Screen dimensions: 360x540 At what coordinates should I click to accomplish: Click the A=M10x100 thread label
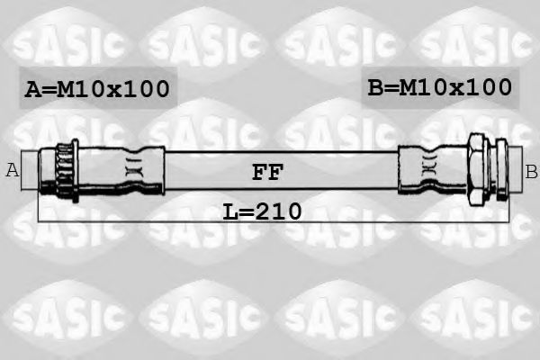point(97,90)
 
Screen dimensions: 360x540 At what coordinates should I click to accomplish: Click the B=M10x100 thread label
point(439,88)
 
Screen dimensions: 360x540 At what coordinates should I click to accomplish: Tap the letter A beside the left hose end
point(13,170)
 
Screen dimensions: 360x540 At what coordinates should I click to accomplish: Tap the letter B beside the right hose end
point(531,170)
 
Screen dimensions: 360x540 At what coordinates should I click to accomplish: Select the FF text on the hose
point(267,171)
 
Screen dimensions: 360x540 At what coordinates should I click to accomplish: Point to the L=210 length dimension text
point(262,213)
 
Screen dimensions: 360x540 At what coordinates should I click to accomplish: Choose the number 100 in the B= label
point(487,88)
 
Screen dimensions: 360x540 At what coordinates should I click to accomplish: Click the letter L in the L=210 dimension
point(230,213)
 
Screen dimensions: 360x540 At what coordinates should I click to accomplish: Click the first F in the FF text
point(258,171)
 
